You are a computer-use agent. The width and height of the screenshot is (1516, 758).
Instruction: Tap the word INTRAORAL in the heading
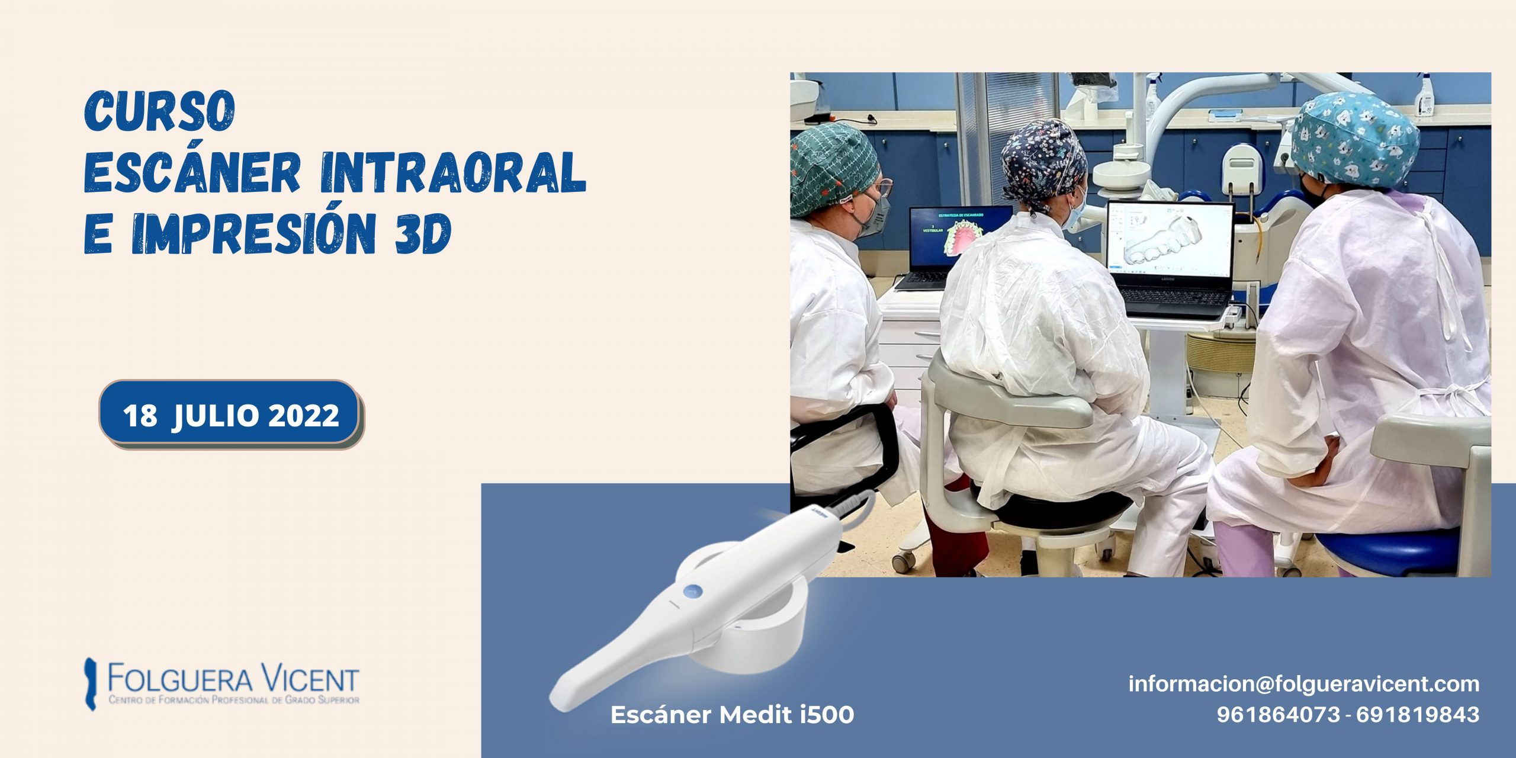point(453,172)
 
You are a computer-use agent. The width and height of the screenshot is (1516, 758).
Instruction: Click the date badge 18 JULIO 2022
point(230,414)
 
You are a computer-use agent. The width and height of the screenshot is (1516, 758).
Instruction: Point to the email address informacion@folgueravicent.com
point(1303,683)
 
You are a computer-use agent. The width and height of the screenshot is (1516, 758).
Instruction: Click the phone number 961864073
point(1278,714)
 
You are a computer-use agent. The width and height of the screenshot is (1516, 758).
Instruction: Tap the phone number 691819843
point(1418,714)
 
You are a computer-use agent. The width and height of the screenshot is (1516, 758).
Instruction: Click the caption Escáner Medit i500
point(732,714)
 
